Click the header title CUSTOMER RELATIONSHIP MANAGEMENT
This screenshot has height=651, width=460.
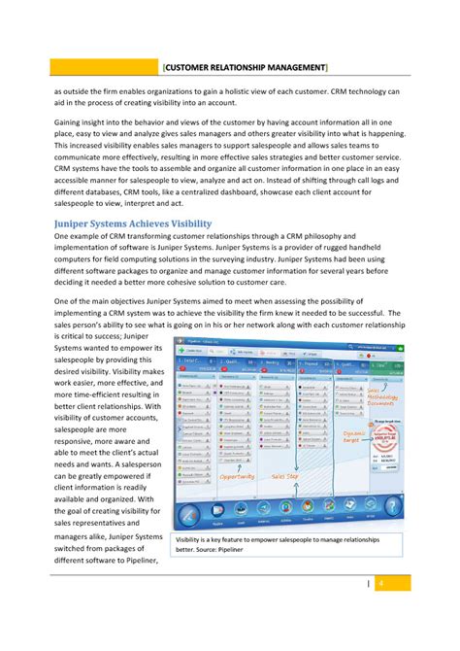click(245, 67)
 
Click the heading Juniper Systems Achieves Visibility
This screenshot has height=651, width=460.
click(132, 223)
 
